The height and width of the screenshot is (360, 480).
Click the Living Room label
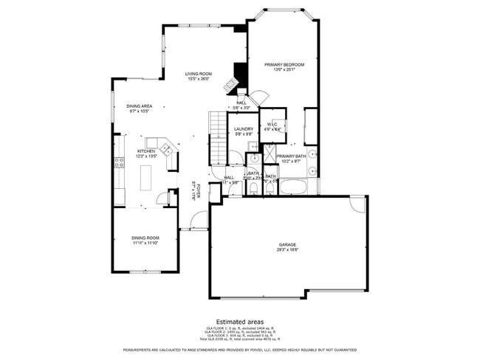[x=198, y=74]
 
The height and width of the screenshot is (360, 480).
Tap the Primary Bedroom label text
[x=284, y=65]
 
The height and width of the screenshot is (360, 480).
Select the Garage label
[x=287, y=244]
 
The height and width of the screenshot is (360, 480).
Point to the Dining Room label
[x=145, y=237]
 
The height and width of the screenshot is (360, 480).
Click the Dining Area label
[x=139, y=106]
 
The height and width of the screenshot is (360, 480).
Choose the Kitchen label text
[x=145, y=151]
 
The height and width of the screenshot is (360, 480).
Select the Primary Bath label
[x=291, y=156]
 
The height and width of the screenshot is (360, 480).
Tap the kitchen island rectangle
[x=146, y=178]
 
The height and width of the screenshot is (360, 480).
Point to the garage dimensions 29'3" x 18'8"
[x=287, y=249]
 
